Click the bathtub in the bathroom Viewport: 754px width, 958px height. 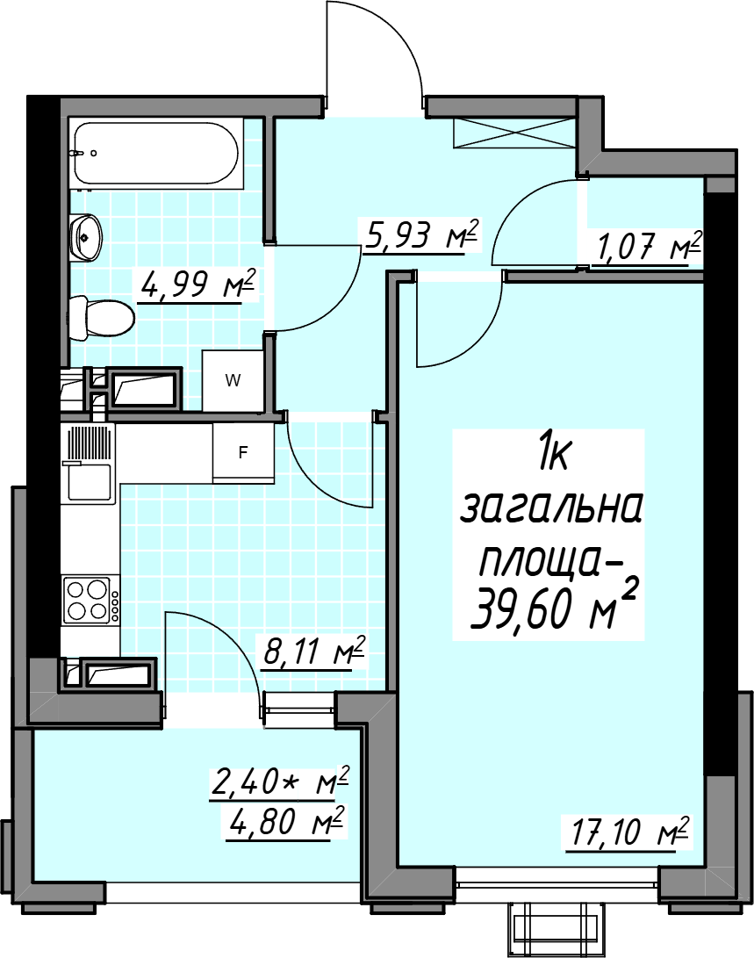click(x=154, y=154)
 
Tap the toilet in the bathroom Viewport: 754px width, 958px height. click(x=101, y=318)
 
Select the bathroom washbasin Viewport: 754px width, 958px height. click(x=85, y=237)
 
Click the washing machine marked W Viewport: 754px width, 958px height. click(x=233, y=380)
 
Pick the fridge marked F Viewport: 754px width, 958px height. click(x=243, y=453)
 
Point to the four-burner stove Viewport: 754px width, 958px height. click(x=87, y=601)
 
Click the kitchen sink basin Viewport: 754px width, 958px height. click(x=90, y=483)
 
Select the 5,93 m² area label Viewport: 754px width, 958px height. click(x=420, y=234)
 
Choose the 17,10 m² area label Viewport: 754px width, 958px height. click(x=629, y=832)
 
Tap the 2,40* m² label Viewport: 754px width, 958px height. click(x=280, y=782)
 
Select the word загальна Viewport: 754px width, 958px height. click(x=550, y=508)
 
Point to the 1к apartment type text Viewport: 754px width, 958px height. click(x=553, y=457)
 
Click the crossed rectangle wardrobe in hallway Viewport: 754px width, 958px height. click(x=513, y=133)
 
